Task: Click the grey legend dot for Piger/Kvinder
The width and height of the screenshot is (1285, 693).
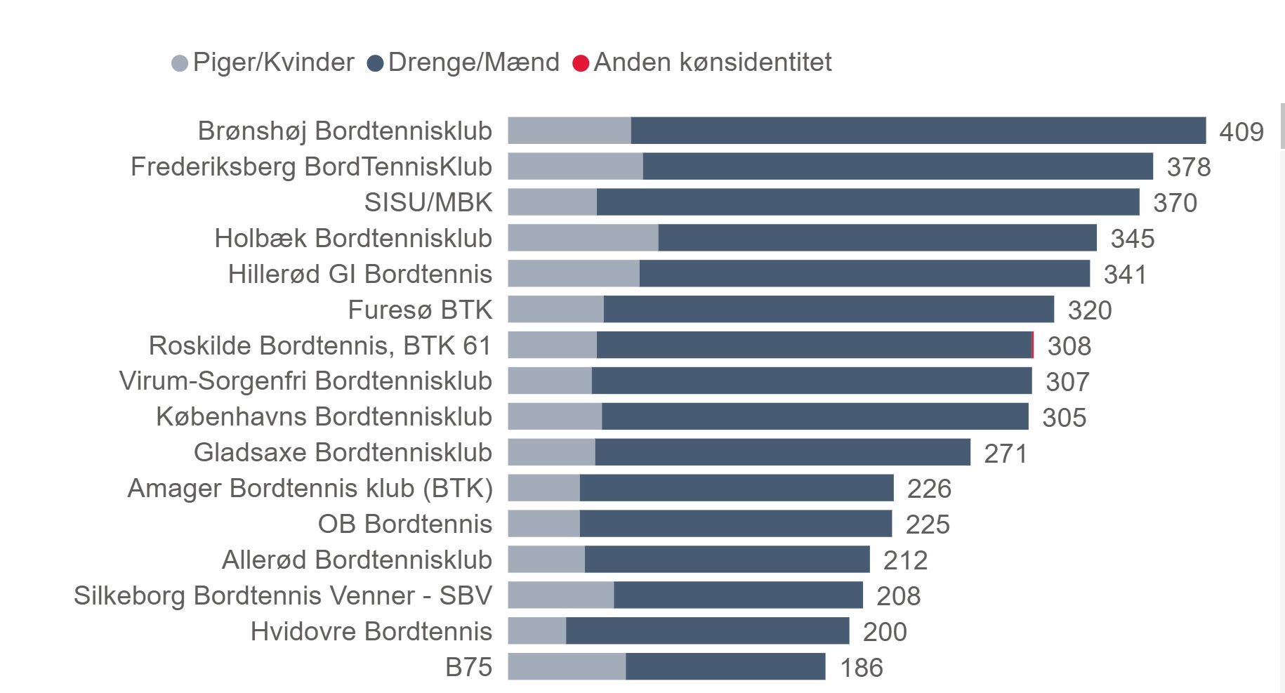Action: (180, 63)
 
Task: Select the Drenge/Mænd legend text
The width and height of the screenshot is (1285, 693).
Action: (473, 62)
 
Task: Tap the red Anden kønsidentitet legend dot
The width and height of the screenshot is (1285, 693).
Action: (581, 63)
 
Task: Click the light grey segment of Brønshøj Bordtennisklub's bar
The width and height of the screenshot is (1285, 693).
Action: (569, 131)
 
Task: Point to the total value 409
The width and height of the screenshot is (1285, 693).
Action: (1241, 132)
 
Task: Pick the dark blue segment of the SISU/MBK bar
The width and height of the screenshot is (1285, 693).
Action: (868, 202)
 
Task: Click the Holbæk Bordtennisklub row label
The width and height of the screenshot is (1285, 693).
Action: (353, 238)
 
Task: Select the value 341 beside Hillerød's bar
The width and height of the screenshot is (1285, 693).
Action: (1125, 275)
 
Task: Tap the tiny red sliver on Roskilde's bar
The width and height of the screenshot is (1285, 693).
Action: (1033, 345)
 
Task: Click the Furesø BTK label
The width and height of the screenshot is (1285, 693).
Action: (420, 310)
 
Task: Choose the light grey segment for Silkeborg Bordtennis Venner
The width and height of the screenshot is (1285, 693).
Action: (561, 595)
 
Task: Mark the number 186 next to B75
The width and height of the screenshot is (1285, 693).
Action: (862, 668)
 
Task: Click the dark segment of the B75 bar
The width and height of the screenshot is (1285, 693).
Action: (725, 667)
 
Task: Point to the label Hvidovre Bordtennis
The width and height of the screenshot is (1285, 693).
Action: (371, 631)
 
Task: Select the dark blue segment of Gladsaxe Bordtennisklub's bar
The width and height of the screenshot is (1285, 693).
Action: (782, 452)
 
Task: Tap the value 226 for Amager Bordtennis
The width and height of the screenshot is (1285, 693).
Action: (929, 489)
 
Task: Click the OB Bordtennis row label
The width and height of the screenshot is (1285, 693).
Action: (405, 524)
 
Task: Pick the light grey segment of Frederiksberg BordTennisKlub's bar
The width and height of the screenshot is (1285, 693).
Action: (575, 166)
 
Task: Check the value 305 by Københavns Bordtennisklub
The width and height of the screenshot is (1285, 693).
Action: (1064, 418)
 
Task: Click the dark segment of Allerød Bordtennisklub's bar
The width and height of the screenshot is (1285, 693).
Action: (727, 560)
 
